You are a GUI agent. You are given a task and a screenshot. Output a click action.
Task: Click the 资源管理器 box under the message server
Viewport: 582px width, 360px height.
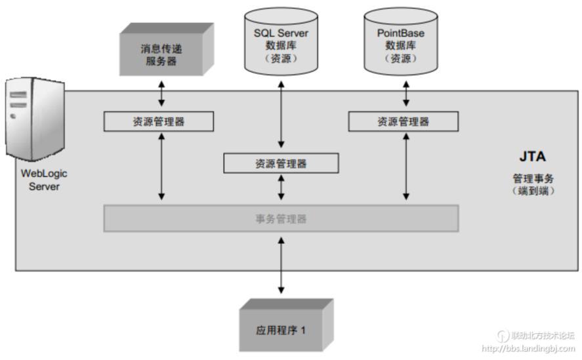click(159, 121)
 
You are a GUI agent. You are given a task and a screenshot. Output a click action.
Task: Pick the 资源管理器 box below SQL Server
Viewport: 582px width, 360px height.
click(281, 163)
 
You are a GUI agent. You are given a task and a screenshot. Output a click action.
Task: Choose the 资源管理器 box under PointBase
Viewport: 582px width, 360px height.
click(403, 121)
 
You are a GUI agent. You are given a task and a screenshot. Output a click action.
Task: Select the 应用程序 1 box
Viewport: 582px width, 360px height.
click(282, 329)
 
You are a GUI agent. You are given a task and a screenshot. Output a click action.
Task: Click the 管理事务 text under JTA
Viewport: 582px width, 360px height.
click(533, 178)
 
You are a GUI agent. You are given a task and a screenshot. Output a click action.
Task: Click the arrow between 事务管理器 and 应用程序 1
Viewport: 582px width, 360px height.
click(281, 266)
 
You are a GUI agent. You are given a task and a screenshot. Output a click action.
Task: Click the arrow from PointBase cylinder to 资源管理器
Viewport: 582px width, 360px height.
click(406, 94)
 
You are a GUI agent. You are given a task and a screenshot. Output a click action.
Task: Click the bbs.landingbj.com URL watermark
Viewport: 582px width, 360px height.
click(528, 349)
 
